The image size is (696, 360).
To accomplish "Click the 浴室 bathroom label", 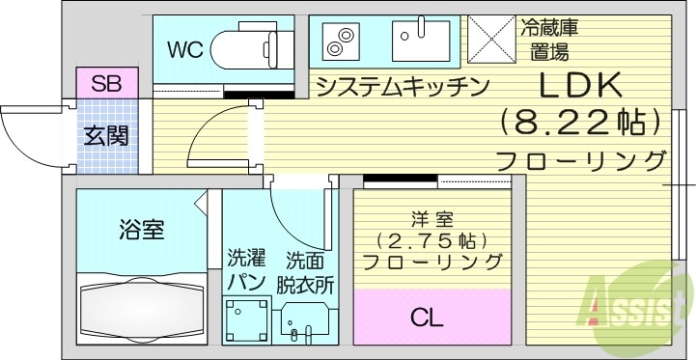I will (141, 230).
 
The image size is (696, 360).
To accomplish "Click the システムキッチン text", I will (399, 86).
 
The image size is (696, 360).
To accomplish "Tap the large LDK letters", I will (578, 86).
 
